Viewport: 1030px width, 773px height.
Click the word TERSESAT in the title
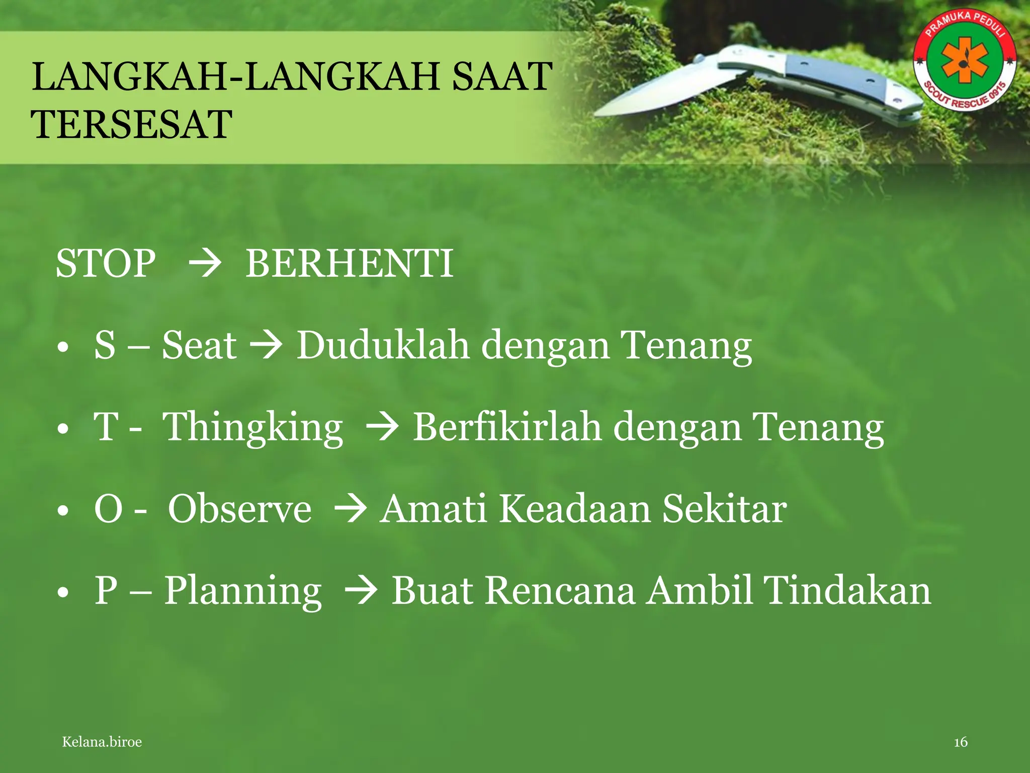click(132, 124)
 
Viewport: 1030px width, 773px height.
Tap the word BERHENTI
click(349, 263)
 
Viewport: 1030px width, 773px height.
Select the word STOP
click(106, 263)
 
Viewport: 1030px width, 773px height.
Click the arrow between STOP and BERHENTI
click(204, 264)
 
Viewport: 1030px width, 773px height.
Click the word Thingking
click(253, 428)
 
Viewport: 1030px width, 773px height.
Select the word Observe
click(239, 509)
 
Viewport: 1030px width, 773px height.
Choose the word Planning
click(243, 591)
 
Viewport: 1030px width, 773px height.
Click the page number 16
click(961, 742)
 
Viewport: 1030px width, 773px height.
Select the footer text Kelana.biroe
click(102, 742)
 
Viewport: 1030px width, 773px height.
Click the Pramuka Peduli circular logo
click(965, 59)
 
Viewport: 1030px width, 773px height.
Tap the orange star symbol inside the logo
click(965, 59)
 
